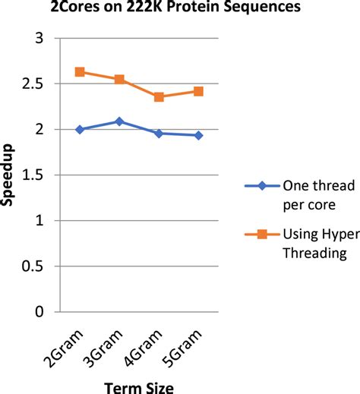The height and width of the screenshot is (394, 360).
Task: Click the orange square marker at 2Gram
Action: [80, 72]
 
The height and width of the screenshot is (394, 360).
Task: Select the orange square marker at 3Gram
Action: [119, 79]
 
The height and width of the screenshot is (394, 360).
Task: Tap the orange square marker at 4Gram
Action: [159, 97]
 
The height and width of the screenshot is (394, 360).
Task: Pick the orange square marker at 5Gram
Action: [198, 91]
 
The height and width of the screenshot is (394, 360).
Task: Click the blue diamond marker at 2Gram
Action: [80, 130]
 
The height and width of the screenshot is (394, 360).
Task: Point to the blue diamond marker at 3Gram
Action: [119, 121]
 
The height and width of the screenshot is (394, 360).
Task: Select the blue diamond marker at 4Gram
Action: [159, 134]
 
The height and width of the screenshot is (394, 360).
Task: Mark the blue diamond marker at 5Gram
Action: [198, 135]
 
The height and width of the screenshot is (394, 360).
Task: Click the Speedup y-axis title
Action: [10, 175]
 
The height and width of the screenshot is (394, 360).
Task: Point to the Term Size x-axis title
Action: [139, 386]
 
